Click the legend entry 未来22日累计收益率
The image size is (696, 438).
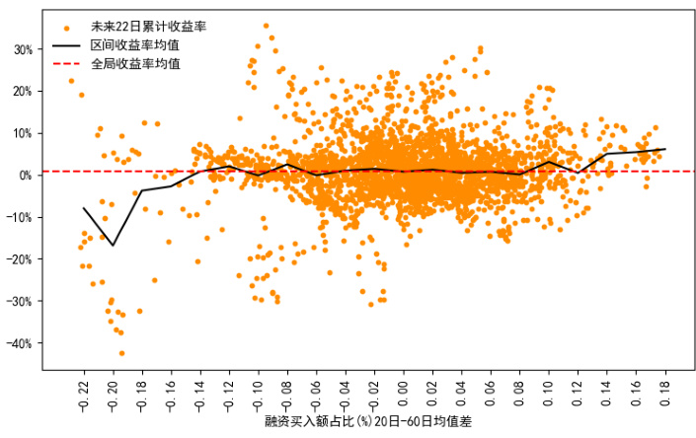pyautogui.click(x=149, y=25)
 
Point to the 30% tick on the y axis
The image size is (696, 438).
pyautogui.click(x=22, y=49)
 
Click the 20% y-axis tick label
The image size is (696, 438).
pyautogui.click(x=22, y=91)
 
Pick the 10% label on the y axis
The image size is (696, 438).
pyautogui.click(x=22, y=133)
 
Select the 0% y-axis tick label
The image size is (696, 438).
pyautogui.click(x=25, y=176)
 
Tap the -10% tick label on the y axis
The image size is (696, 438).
pyautogui.click(x=20, y=217)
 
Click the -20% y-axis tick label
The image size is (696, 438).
pyautogui.click(x=20, y=259)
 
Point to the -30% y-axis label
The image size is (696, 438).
pyautogui.click(x=20, y=301)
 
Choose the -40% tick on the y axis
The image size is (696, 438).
pyautogui.click(x=20, y=343)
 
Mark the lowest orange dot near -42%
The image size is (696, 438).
pyautogui.click(x=122, y=352)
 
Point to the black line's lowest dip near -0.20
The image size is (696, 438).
pyautogui.click(x=113, y=245)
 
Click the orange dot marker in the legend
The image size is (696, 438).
pyautogui.click(x=66, y=26)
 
